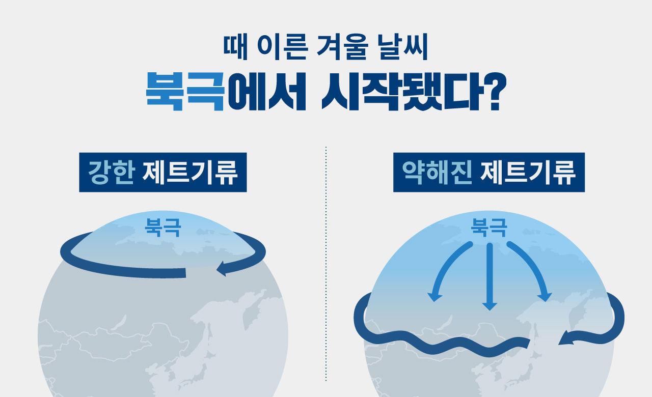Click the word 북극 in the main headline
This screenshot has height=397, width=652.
(x=185, y=92)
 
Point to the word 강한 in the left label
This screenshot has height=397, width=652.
(x=111, y=173)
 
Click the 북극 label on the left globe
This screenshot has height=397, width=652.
(x=162, y=227)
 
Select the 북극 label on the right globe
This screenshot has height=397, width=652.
(x=489, y=228)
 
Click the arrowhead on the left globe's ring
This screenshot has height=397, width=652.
(x=222, y=268)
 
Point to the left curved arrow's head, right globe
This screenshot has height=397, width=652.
(x=434, y=296)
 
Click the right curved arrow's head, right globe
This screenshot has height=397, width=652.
(x=545, y=296)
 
